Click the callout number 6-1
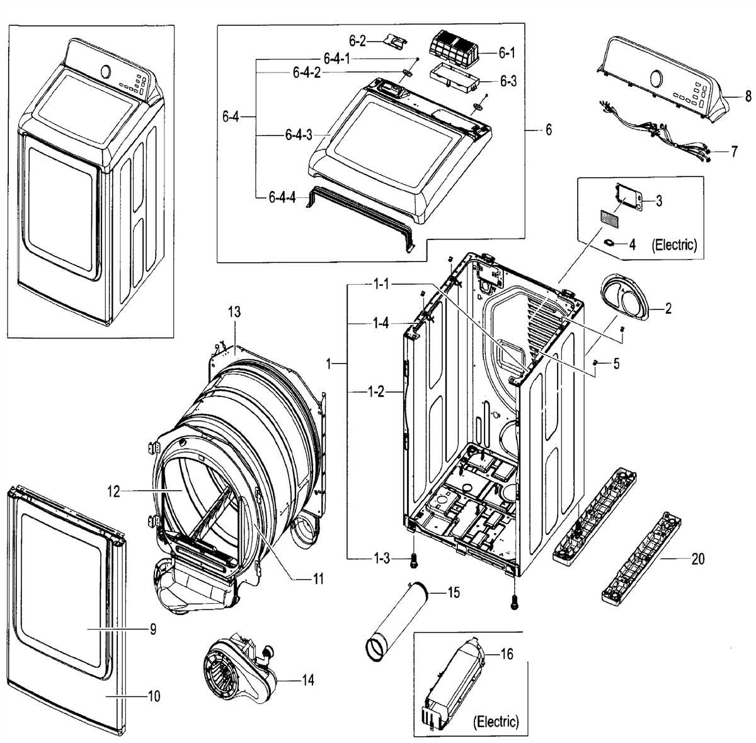point(507,54)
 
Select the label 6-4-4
point(282,197)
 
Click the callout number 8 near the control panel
point(747,97)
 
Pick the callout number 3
point(658,201)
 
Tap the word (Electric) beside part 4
point(675,245)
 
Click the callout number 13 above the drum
point(234,312)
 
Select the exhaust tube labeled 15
point(398,620)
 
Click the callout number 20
point(697,558)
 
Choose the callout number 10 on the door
point(152,696)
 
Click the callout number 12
point(113,492)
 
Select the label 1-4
point(380,324)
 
